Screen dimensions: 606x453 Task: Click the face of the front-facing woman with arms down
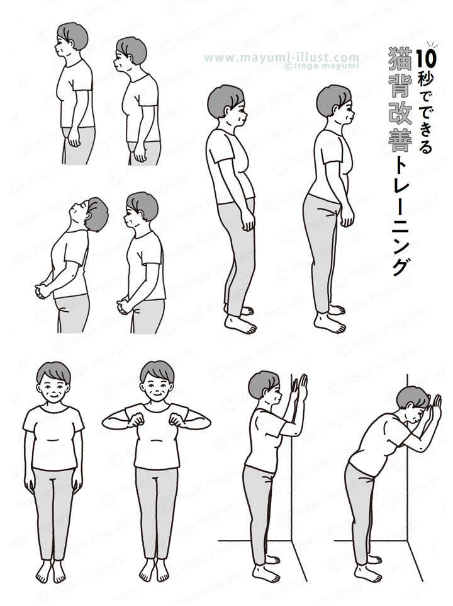click(53, 384)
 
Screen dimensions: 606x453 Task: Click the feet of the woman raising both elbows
click(155, 571)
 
